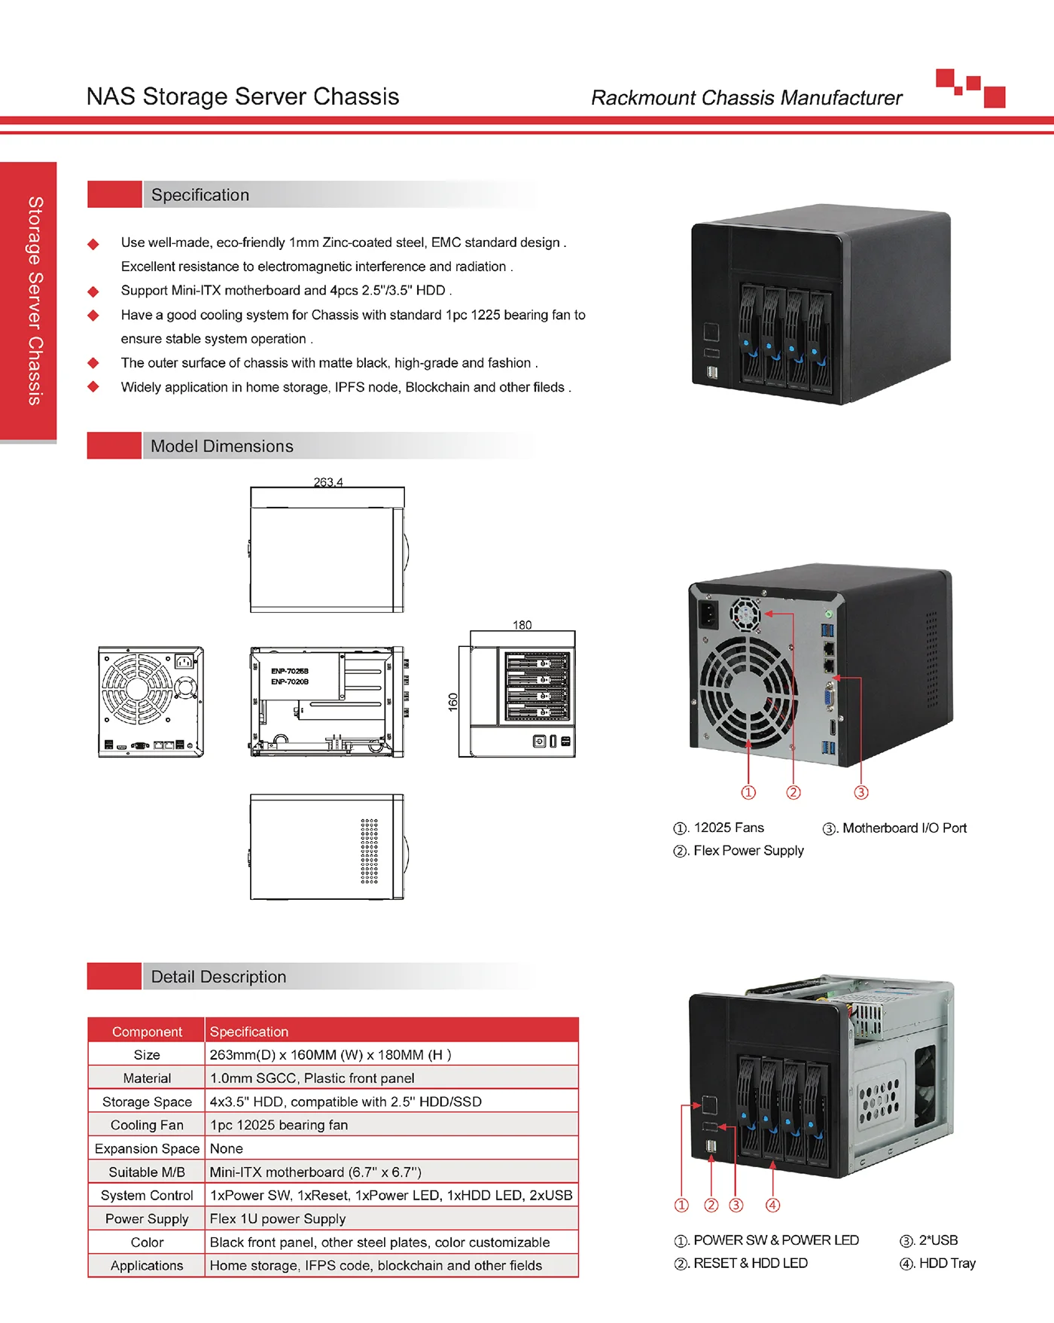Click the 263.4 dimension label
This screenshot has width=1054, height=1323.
328,482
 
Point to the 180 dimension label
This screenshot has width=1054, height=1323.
522,625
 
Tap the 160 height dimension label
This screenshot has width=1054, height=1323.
452,702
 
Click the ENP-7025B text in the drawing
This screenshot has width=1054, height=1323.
290,671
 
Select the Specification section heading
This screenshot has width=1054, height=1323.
200,195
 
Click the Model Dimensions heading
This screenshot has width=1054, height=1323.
222,447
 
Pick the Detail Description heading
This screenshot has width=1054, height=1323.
218,977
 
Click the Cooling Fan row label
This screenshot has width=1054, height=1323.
147,1125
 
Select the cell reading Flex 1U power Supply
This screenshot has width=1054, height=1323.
278,1218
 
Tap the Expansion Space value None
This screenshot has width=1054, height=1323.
227,1148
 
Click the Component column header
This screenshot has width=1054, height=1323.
147,1032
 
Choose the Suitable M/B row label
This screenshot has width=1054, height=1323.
147,1172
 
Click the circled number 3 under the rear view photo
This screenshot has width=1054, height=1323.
861,792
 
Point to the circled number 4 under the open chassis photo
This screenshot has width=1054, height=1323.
772,1205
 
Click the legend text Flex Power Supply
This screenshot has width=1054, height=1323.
748,851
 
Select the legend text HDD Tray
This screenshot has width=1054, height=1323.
947,1264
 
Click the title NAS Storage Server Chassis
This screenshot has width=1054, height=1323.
242,96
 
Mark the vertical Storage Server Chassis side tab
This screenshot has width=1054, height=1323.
35,300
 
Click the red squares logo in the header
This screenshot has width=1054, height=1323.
970,88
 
